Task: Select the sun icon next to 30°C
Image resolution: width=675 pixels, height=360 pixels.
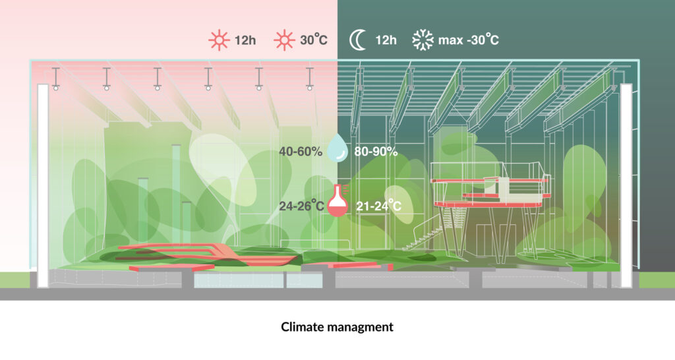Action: (285, 40)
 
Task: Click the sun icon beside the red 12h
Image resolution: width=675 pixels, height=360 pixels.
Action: (217, 40)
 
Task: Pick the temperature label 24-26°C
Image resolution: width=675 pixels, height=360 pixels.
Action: (301, 206)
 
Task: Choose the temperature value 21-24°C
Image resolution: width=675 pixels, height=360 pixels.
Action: (378, 206)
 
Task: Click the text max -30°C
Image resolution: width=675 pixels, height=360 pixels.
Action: (469, 41)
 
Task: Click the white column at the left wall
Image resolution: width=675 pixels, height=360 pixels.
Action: (43, 185)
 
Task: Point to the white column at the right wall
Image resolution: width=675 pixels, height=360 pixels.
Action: (626, 185)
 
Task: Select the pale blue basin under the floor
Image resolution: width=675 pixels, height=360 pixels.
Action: (239, 280)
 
